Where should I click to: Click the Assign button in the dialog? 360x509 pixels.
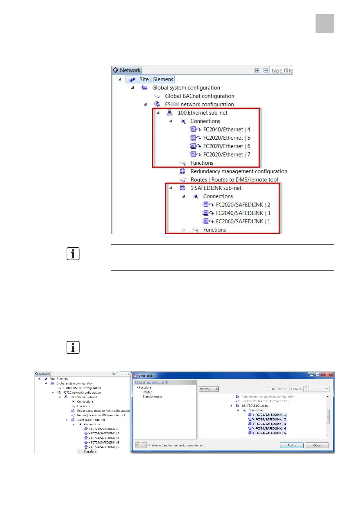pos(291,445)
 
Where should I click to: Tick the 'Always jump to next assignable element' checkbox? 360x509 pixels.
pos(149,445)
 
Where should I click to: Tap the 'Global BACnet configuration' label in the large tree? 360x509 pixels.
pos(199,96)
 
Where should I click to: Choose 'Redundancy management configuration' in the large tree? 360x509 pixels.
pos(238,171)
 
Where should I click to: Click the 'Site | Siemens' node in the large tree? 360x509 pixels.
pos(156,79)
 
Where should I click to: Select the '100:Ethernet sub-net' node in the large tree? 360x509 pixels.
pos(202,113)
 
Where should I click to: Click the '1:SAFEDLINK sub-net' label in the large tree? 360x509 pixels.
pos(216,188)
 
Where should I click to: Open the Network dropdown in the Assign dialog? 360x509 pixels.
pos(208,389)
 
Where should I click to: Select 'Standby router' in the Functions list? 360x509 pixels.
pos(152,397)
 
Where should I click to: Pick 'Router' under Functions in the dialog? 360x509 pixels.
pos(147,392)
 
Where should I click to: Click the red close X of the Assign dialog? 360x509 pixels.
pos(327,375)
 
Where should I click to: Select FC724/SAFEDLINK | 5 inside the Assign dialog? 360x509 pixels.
pos(270,433)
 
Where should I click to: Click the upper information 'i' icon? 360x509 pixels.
pos(73,254)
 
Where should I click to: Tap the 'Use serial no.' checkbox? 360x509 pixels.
pos(268,389)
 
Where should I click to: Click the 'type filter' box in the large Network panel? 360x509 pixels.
pos(281,70)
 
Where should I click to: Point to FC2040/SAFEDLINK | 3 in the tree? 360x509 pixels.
pos(243,213)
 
